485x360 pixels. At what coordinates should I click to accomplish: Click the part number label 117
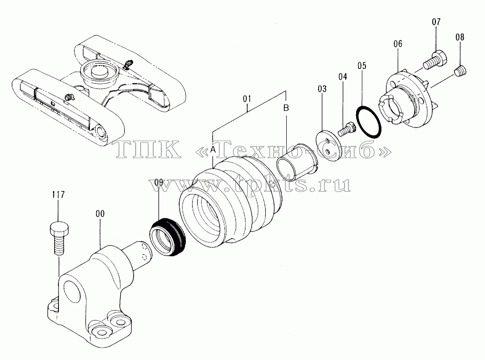tap(58, 195)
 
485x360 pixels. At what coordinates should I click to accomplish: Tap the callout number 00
tap(100, 214)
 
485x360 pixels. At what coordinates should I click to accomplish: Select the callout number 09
tap(159, 182)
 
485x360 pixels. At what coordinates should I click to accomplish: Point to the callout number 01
tap(247, 99)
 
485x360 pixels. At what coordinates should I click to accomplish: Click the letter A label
tap(213, 150)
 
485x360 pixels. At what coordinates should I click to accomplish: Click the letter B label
tap(286, 108)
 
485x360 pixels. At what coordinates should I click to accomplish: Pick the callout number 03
tap(322, 89)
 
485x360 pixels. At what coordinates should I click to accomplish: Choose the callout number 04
tap(343, 77)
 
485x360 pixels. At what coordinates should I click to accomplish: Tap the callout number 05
tap(361, 66)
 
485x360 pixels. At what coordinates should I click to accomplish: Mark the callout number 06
tap(398, 44)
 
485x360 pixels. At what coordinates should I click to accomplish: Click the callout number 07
tap(436, 22)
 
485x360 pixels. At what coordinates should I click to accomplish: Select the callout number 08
tap(460, 37)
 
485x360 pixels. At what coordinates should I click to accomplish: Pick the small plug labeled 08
tap(461, 71)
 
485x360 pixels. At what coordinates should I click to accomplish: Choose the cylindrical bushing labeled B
tap(297, 162)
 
